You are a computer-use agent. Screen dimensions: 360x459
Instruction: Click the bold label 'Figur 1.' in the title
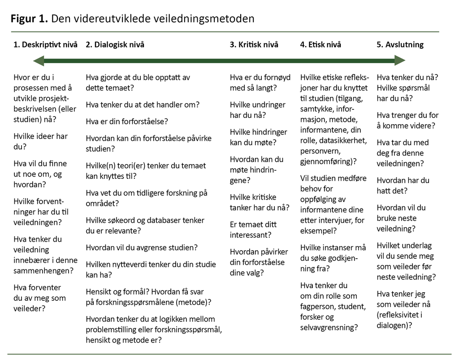coord(29,19)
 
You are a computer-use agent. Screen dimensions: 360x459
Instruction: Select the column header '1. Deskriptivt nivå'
coord(46,44)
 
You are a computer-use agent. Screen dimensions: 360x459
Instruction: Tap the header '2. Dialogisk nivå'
coord(115,44)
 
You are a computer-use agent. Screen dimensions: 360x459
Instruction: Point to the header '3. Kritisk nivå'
coord(254,44)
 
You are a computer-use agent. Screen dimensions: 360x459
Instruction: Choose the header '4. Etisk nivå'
coord(320,44)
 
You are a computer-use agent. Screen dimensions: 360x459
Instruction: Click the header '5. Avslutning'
coord(400,44)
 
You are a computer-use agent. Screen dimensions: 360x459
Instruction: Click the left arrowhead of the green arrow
coord(39,61)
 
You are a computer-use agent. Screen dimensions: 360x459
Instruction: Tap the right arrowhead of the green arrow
coord(400,61)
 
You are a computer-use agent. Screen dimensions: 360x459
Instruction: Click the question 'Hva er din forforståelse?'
coord(127,121)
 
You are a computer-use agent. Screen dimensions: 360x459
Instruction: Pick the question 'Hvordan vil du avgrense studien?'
coord(142,247)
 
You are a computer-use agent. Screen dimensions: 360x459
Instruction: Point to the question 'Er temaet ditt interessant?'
coord(253,230)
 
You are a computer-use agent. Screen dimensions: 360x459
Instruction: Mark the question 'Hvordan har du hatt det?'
coord(403,186)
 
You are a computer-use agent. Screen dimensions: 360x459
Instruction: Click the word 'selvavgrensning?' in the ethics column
coord(329,327)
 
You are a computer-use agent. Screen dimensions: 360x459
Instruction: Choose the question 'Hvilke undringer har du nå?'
coord(258,110)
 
